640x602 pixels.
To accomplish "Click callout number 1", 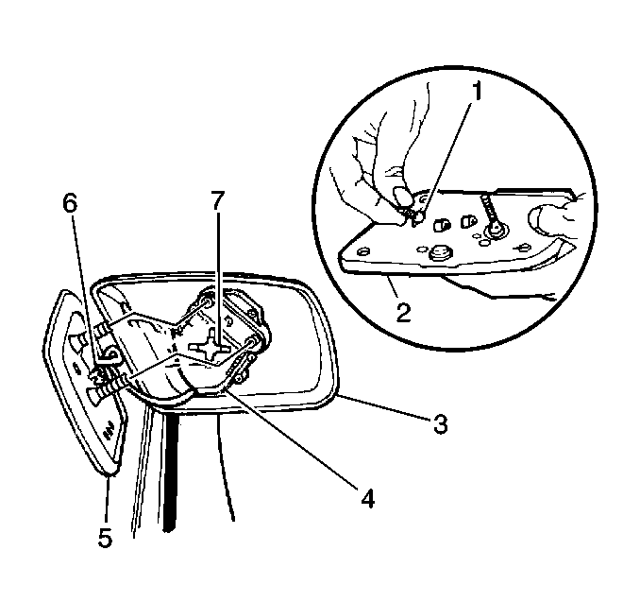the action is pyautogui.click(x=475, y=91).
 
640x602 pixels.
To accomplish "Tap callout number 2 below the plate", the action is pyautogui.click(x=403, y=312).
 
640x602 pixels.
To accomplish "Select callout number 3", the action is pyautogui.click(x=440, y=423).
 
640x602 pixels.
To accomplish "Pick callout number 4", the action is pyautogui.click(x=367, y=497).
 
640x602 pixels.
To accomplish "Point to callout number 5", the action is pyautogui.click(x=105, y=537).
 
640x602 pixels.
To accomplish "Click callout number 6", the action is pyautogui.click(x=70, y=203).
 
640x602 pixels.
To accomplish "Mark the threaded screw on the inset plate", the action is pyautogui.click(x=489, y=212).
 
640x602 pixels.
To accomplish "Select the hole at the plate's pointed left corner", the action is pyautogui.click(x=362, y=251).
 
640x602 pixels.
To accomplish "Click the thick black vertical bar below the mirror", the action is pyautogui.click(x=172, y=473).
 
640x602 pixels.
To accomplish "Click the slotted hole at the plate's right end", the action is pyautogui.click(x=521, y=247).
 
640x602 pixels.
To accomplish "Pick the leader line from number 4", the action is pyautogui.click(x=291, y=438).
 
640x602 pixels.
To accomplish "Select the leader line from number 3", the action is pyautogui.click(x=383, y=406).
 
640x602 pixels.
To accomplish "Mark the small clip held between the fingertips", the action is pyautogui.click(x=415, y=215).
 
